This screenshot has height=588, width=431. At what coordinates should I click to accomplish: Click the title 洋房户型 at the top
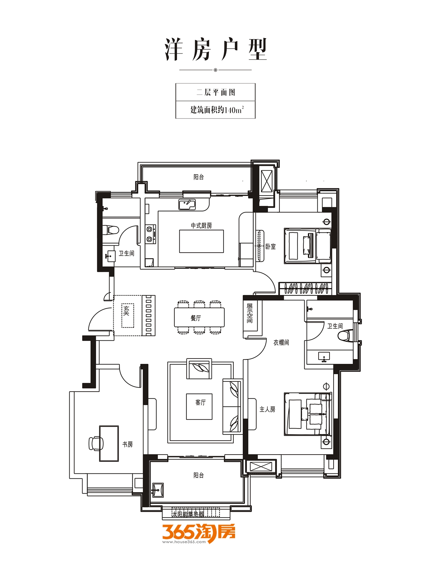click(x=216, y=50)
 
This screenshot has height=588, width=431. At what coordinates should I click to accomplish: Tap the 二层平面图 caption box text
click(x=215, y=92)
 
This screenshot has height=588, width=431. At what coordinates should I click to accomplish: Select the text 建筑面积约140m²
click(x=217, y=110)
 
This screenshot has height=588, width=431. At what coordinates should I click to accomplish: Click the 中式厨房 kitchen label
click(x=201, y=226)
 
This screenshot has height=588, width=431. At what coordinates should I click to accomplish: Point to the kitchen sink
click(x=187, y=205)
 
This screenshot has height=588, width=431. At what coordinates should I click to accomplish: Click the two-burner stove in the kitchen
click(x=151, y=234)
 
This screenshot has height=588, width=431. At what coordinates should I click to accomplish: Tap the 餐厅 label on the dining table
click(x=196, y=318)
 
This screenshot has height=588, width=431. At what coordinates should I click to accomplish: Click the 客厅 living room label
click(x=200, y=403)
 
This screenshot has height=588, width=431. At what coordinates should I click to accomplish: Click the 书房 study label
click(x=128, y=444)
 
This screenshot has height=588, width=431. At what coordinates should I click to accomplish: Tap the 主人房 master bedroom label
click(x=267, y=410)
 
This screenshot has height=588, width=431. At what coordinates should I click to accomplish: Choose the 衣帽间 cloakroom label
click(x=281, y=343)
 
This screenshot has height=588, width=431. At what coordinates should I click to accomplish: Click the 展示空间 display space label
click(x=250, y=313)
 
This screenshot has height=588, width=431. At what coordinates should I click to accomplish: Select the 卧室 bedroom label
click(x=271, y=247)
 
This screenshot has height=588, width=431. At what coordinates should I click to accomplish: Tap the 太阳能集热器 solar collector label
click(x=188, y=514)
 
